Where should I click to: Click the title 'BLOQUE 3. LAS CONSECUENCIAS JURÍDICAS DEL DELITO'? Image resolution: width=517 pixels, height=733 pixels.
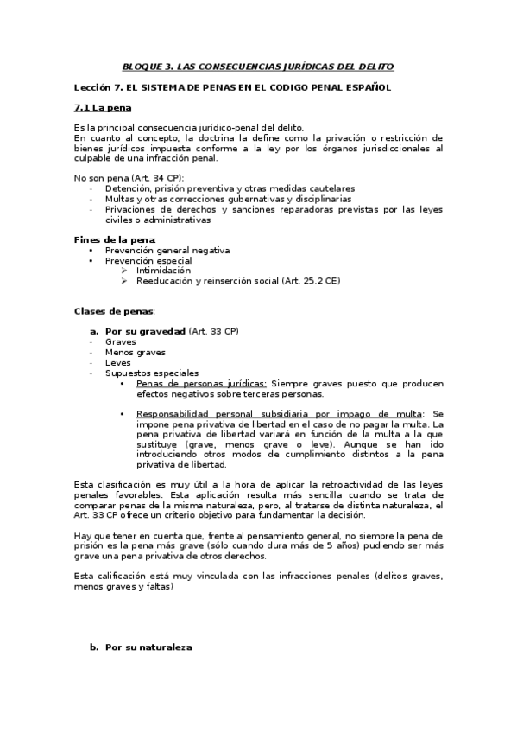(258, 66)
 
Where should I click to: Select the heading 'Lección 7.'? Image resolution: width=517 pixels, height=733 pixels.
(102, 87)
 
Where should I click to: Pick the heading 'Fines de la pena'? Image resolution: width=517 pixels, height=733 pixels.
(114, 239)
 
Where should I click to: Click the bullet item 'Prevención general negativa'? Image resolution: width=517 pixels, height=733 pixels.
(167, 250)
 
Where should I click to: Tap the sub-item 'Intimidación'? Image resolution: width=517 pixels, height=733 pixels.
(164, 271)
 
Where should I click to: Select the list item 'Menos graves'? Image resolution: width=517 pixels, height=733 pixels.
(136, 352)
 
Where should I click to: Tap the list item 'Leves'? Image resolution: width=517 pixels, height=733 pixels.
(118, 362)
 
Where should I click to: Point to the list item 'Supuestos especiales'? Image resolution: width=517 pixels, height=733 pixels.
(151, 373)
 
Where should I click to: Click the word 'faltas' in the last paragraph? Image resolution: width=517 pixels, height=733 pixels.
(160, 587)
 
